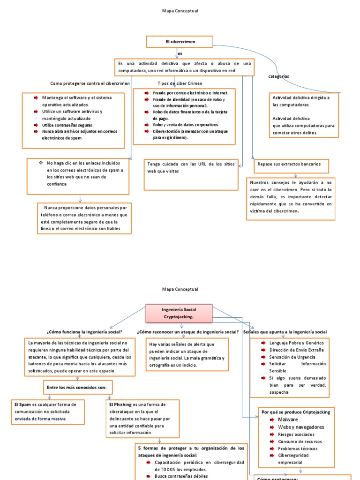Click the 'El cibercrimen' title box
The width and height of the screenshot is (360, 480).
(180, 42)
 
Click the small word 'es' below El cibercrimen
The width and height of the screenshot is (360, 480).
(180, 54)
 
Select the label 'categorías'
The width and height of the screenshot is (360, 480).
(278, 76)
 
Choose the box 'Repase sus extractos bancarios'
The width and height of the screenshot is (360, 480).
(291, 165)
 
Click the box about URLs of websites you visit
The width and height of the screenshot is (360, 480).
(191, 174)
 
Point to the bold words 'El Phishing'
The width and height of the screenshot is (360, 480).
(120, 404)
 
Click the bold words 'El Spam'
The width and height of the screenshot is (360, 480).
(22, 404)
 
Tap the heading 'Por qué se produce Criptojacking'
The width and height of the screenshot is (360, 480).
(296, 412)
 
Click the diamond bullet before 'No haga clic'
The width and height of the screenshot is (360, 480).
(41, 163)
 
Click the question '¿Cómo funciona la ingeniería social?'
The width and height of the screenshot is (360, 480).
(84, 332)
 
